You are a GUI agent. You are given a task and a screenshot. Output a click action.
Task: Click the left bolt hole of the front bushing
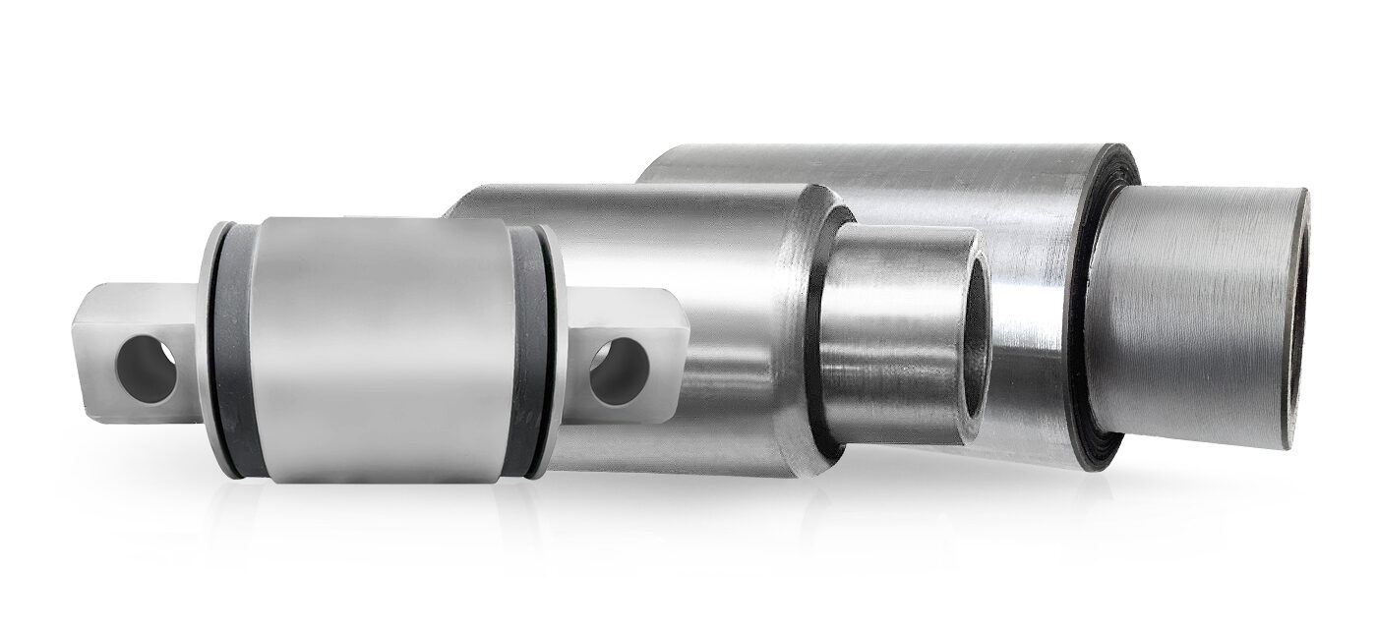(146, 369)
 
